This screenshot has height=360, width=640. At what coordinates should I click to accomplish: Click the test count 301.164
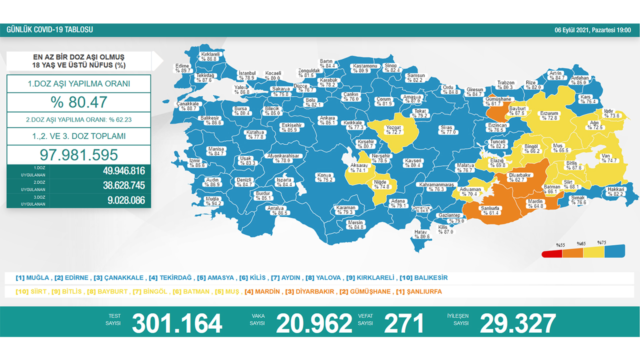pyautogui.click(x=177, y=323)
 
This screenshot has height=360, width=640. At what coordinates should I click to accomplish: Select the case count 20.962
pyautogui.click(x=314, y=323)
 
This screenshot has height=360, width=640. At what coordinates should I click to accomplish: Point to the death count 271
pyautogui.click(x=404, y=323)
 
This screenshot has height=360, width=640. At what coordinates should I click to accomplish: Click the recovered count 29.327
pyautogui.click(x=517, y=323)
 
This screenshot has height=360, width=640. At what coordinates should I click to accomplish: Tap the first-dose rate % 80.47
pyautogui.click(x=79, y=102)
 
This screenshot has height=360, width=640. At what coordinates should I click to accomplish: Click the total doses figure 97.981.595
pyautogui.click(x=79, y=154)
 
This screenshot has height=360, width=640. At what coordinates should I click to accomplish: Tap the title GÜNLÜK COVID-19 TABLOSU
pyautogui.click(x=49, y=30)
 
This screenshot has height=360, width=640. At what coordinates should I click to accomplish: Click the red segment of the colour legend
pyautogui.click(x=551, y=253)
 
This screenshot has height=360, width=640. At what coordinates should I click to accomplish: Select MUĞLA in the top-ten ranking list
pyautogui.click(x=38, y=277)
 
